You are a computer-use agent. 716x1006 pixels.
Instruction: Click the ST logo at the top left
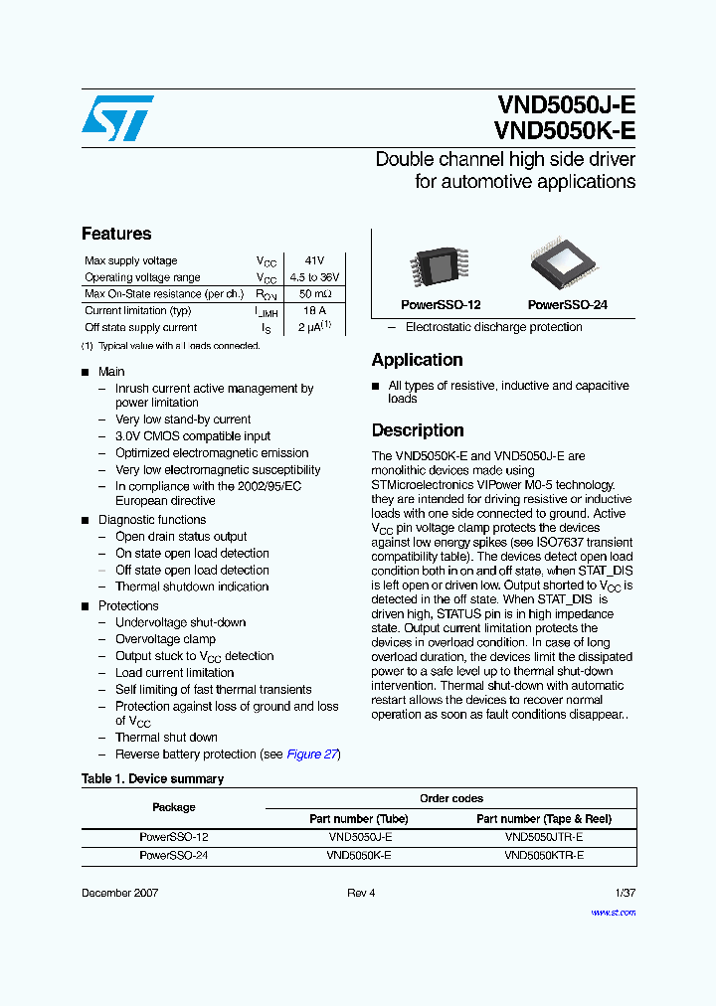point(117,118)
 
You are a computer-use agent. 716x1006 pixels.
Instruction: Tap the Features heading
point(116,234)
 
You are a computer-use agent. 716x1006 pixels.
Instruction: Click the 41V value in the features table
point(314,260)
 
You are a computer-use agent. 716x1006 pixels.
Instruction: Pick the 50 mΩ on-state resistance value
point(314,294)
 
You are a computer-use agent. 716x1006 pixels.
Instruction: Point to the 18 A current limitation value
point(314,311)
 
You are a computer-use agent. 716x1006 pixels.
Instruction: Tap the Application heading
point(417,360)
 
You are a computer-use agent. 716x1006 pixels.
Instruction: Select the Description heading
point(418,430)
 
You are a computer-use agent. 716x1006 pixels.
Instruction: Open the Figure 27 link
point(312,754)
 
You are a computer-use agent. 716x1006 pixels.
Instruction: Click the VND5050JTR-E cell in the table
point(544,837)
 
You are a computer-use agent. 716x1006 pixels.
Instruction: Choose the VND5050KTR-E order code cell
point(544,855)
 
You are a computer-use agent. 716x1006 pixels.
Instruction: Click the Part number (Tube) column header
point(359,819)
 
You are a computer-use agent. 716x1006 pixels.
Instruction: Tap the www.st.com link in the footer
point(613,912)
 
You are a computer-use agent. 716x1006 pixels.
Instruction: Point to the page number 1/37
point(625,893)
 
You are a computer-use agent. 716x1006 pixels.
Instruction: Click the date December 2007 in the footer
point(119,893)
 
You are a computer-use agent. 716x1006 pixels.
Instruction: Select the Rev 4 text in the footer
point(361,893)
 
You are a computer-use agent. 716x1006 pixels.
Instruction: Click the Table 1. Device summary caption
point(152,778)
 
